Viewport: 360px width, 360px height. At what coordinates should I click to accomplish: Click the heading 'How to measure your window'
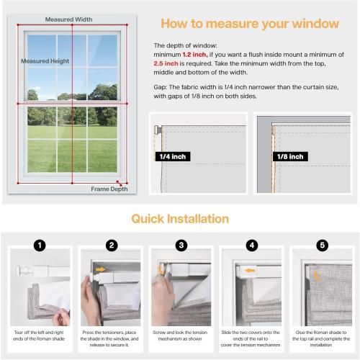tap(250, 24)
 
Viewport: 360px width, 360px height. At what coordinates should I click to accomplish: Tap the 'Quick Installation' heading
tap(180, 218)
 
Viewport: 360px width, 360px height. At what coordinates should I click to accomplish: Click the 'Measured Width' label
tap(68, 19)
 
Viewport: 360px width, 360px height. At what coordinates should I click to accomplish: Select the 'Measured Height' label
tap(45, 61)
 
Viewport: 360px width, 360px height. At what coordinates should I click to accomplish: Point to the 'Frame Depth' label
tap(109, 189)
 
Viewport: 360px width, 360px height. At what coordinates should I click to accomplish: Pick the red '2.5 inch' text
tap(167, 63)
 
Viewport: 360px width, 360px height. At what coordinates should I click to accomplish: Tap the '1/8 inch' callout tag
tap(289, 155)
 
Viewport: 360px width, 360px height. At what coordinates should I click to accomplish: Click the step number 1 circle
tap(41, 245)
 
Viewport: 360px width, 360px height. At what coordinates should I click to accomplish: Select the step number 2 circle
tap(111, 245)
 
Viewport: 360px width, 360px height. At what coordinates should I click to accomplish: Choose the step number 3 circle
tap(181, 245)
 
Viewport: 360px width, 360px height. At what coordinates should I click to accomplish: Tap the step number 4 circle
tap(251, 245)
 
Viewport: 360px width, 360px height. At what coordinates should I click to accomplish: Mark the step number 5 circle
tap(320, 245)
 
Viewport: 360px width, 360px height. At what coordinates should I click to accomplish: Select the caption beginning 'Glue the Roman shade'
tap(320, 333)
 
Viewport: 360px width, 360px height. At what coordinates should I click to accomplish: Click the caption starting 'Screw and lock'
tap(181, 333)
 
